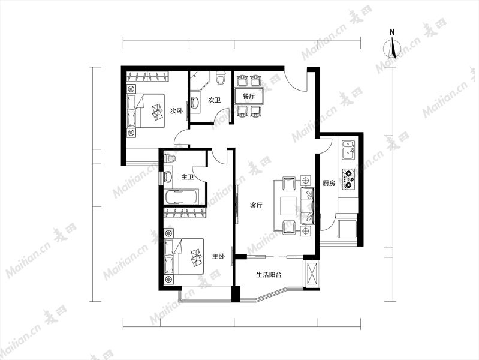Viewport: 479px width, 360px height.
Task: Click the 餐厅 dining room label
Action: [249, 97]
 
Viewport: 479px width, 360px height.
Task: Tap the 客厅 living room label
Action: [256, 206]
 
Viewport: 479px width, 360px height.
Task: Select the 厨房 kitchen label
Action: [329, 183]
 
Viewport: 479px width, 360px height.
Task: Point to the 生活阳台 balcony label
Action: [269, 275]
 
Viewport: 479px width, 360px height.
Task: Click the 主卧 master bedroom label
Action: [218, 256]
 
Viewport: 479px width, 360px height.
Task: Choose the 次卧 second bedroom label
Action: [176, 111]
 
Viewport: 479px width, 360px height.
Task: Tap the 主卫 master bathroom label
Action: [188, 177]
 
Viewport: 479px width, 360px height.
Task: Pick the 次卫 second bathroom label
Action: [215, 100]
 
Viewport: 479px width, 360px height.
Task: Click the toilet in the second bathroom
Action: [220, 77]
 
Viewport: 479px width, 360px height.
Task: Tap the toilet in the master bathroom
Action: [169, 158]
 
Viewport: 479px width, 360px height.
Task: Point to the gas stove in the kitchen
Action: [348, 178]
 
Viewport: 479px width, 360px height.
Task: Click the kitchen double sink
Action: [348, 150]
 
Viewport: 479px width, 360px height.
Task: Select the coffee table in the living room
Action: [289, 206]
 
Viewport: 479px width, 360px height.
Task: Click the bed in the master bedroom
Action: [184, 256]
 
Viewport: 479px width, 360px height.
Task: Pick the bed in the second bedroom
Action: [146, 111]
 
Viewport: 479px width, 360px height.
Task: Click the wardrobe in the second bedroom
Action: [147, 76]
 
